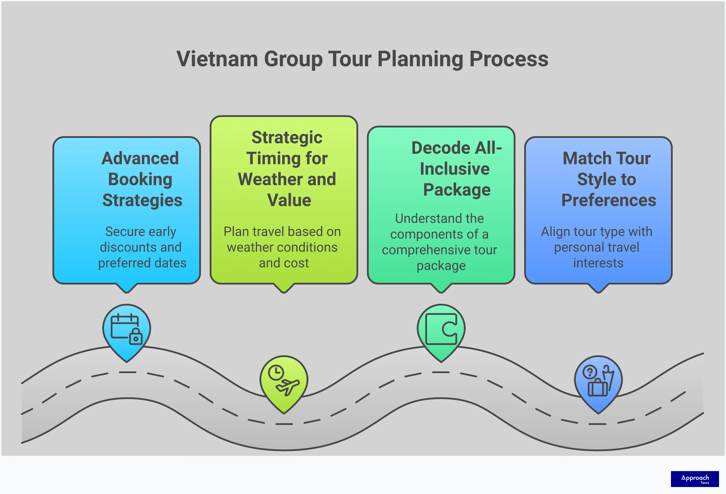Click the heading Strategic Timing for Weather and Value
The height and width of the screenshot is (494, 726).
pyautogui.click(x=287, y=168)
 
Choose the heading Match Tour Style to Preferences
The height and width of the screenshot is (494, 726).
pyautogui.click(x=608, y=179)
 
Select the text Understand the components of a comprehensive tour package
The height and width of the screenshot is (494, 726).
pyautogui.click(x=439, y=242)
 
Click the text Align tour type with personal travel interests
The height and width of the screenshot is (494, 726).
pyautogui.click(x=597, y=247)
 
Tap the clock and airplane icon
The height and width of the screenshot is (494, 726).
pyautogui.click(x=284, y=380)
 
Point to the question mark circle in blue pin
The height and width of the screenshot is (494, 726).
pyautogui.click(x=590, y=372)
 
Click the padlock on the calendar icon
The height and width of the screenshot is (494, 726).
pyautogui.click(x=136, y=337)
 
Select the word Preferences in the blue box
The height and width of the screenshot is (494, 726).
pyautogui.click(x=608, y=200)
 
